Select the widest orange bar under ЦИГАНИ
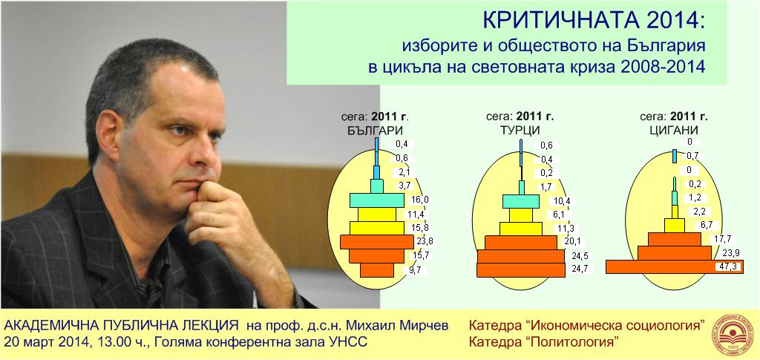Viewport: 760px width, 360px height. pos(674,267)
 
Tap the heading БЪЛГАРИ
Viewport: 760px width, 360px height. pos(375,131)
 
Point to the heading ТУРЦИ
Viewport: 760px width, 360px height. pos(520,130)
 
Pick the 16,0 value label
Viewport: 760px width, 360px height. pos(419,199)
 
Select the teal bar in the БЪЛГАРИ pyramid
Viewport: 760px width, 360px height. pos(376,200)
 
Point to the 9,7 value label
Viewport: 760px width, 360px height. pos(415,270)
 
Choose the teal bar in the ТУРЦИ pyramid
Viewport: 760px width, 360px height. pos(521,200)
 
